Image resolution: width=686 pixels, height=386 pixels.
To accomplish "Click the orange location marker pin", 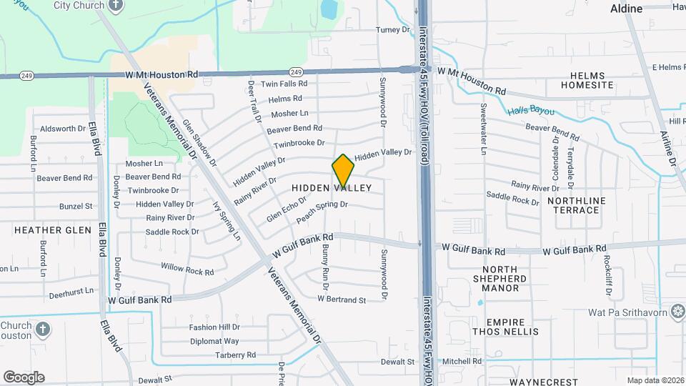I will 343,171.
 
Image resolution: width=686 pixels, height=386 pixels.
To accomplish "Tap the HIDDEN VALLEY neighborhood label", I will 332,188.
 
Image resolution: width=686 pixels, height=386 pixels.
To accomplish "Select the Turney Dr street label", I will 394,30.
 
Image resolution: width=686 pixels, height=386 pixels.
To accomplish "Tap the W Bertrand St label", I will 342,300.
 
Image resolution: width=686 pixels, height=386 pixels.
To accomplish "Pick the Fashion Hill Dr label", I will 214,327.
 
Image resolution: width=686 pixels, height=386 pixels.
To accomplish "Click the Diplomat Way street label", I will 214,342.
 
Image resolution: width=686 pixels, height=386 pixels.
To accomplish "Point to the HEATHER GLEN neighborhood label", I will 53,230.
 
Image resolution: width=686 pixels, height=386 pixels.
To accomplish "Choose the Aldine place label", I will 627,9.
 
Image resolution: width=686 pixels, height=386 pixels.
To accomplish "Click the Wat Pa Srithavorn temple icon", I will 677,312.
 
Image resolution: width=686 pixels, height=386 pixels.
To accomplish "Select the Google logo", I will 24,377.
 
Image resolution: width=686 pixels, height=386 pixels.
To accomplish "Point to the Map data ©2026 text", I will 655,380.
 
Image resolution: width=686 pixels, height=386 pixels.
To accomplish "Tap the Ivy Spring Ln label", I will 227,219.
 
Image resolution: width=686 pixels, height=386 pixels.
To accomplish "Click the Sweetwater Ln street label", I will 484,129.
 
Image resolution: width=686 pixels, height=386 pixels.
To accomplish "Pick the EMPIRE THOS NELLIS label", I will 511,327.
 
